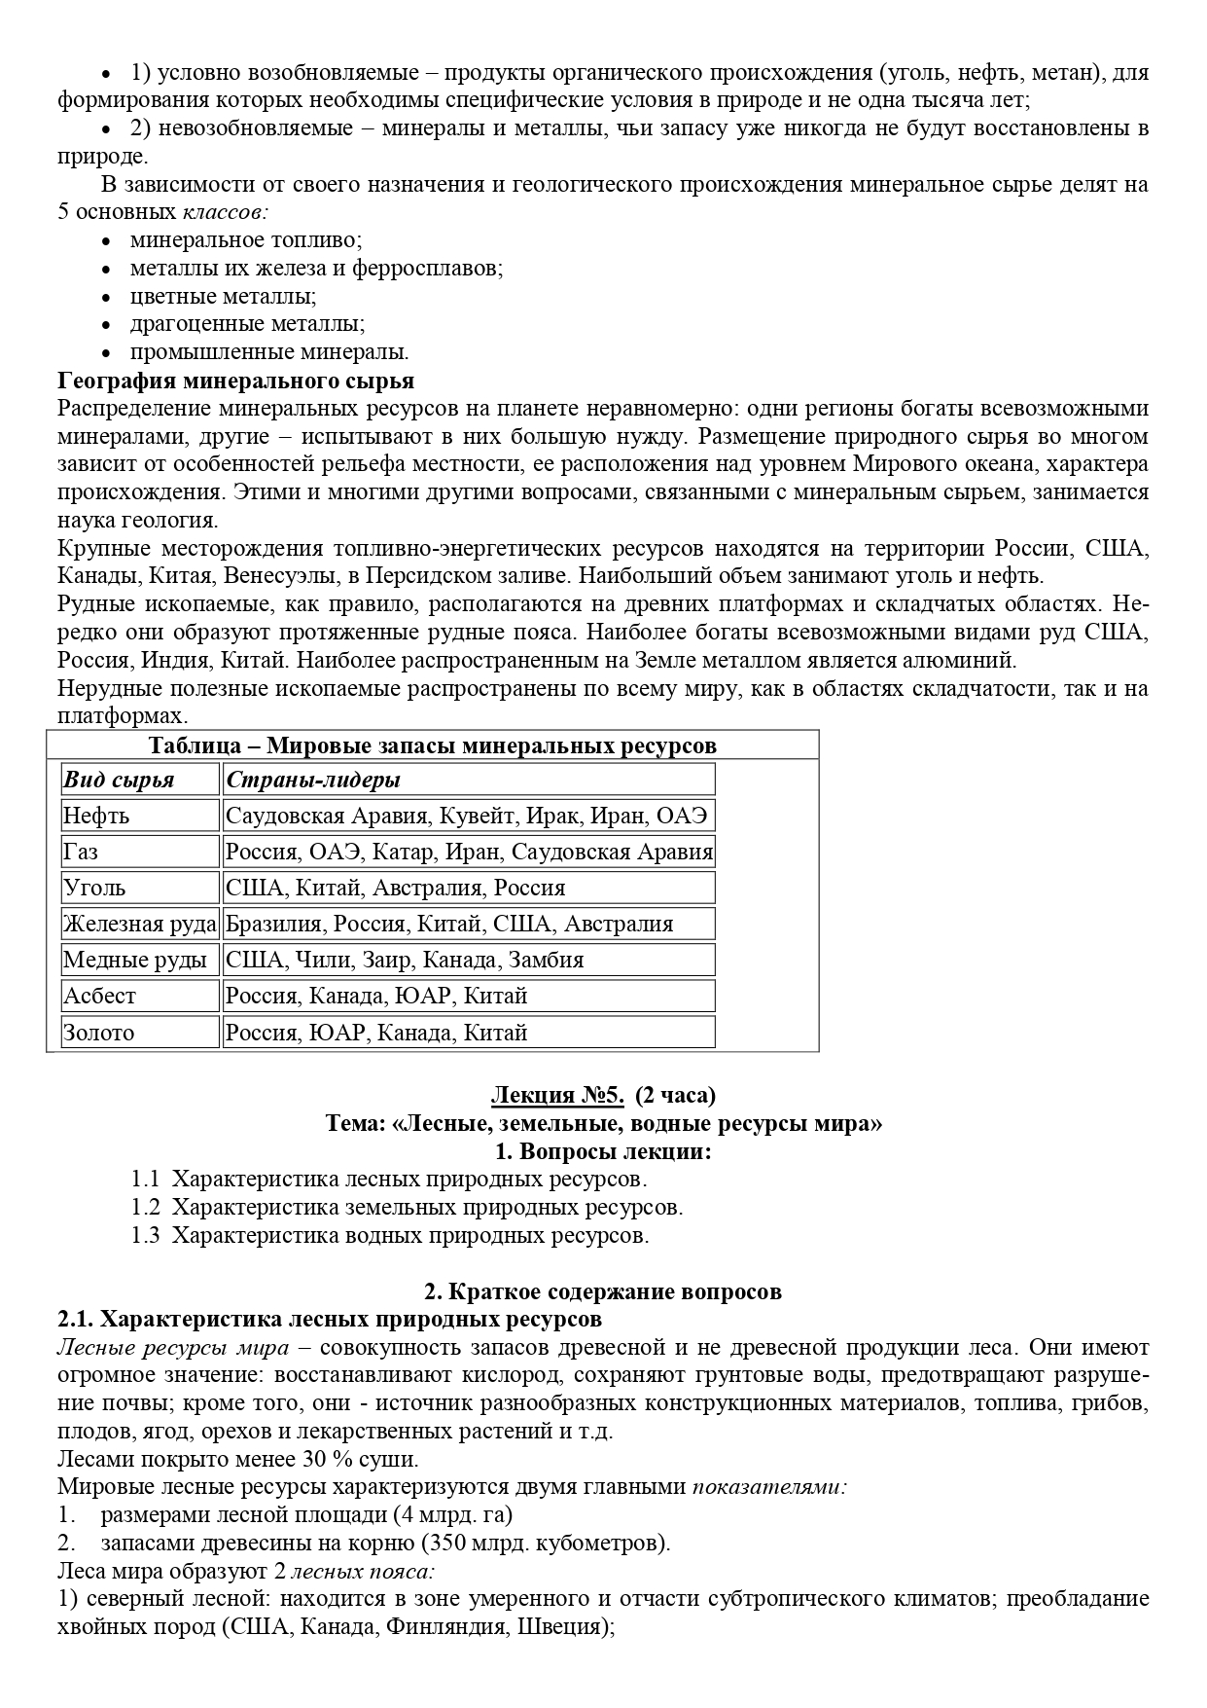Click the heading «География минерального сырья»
(x=235, y=381)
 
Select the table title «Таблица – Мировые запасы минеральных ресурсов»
(x=432, y=745)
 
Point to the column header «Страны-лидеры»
(x=313, y=780)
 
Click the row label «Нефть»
(x=96, y=816)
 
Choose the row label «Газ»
(x=81, y=852)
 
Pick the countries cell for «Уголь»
(x=395, y=888)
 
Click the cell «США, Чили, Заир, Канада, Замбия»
(x=405, y=960)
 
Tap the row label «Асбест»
(x=99, y=996)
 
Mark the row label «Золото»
(x=99, y=1033)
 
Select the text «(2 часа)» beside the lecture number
(x=675, y=1095)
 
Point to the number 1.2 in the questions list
(x=145, y=1208)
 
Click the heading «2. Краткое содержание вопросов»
(x=603, y=1292)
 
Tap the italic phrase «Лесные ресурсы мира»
(x=173, y=1348)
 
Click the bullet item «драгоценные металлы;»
(x=248, y=324)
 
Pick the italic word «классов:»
(x=226, y=212)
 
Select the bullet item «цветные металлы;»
(x=224, y=296)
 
